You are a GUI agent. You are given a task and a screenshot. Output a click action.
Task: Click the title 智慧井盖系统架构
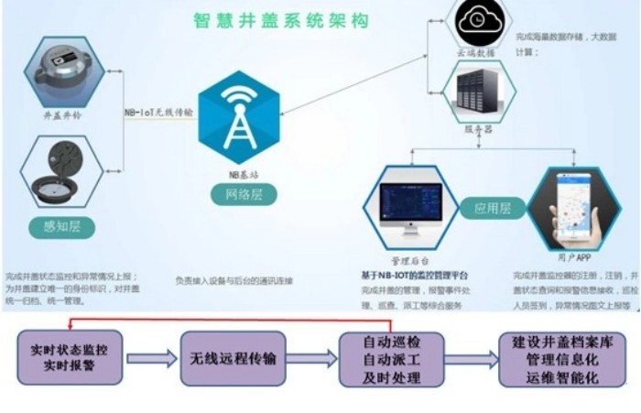269,20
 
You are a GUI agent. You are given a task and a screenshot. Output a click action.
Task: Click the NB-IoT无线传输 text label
158,113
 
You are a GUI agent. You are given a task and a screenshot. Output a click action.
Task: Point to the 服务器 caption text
482,130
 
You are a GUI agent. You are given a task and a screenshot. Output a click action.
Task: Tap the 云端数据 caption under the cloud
482,54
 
